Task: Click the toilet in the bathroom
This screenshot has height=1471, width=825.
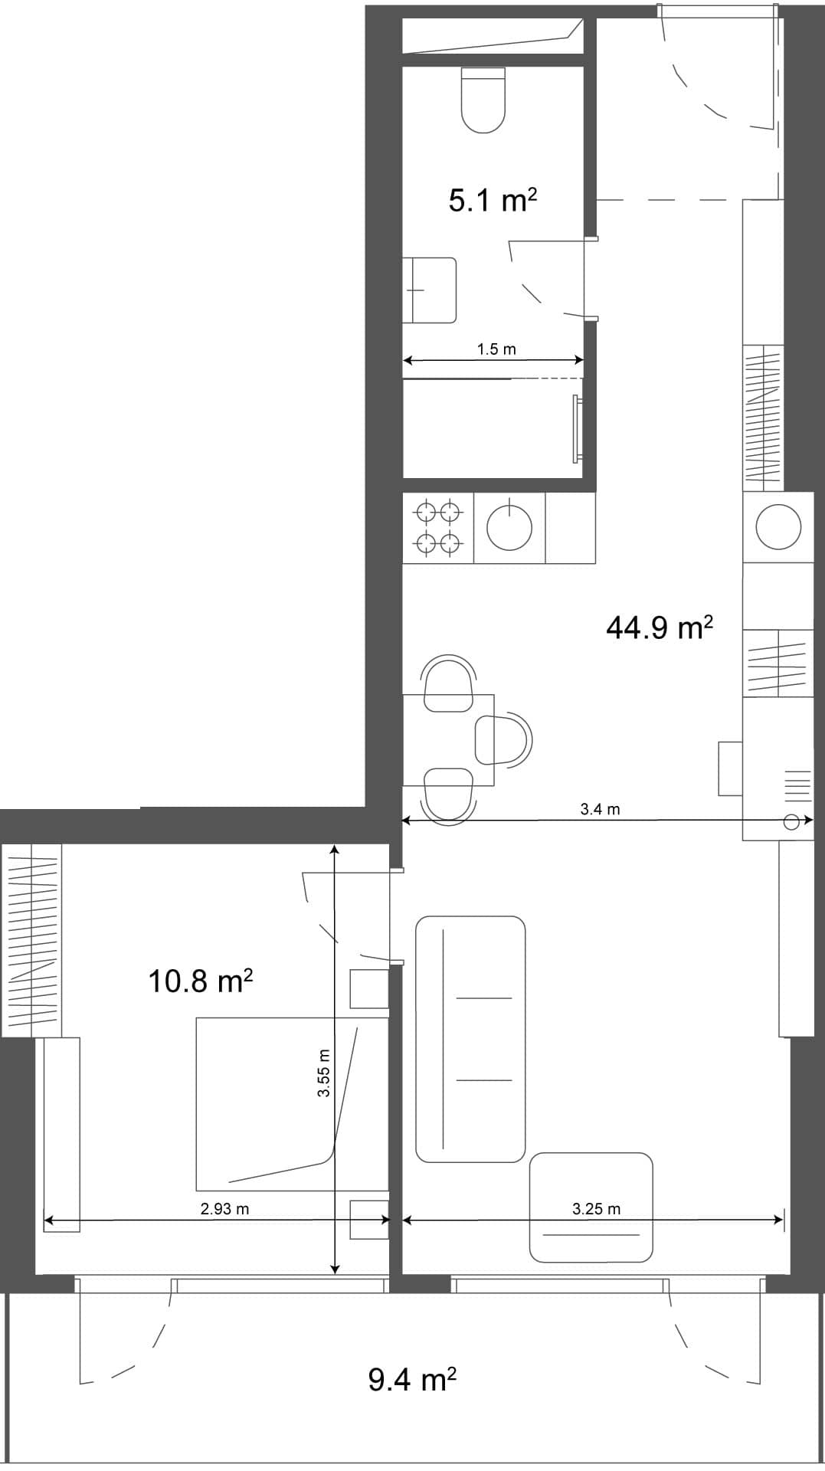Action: point(483,100)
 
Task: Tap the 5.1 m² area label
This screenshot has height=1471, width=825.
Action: point(492,201)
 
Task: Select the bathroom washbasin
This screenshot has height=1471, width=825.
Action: point(430,290)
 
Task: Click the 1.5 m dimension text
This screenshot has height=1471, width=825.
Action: point(496,349)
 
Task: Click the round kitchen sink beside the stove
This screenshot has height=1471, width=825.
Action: point(509,527)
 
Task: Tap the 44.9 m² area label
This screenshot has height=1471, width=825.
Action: point(659,627)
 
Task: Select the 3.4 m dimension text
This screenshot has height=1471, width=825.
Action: point(600,809)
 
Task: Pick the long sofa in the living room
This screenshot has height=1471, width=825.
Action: point(470,1039)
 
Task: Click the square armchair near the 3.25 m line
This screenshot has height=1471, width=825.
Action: point(591,1208)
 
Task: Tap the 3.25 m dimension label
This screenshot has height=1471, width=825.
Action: point(596,1209)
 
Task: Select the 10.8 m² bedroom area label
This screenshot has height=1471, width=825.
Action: point(200,981)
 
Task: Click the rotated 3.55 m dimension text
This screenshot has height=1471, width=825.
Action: point(324,1073)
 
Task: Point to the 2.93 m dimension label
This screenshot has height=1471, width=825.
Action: point(224,1209)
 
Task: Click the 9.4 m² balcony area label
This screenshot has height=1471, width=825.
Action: point(412,1380)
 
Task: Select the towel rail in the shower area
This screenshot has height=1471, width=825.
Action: point(576,428)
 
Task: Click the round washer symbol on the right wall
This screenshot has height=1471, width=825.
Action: point(778,527)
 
